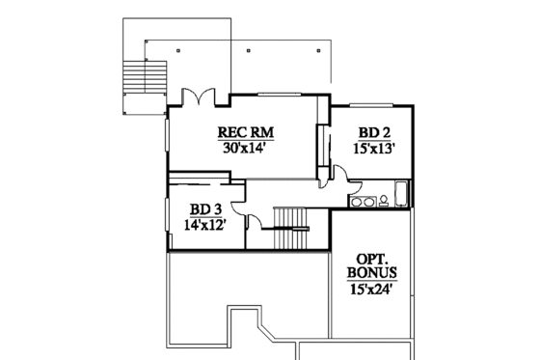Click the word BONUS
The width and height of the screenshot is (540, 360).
(370, 272)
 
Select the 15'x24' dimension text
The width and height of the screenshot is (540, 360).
(370, 288)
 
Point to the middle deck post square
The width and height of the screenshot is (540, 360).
(249, 49)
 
